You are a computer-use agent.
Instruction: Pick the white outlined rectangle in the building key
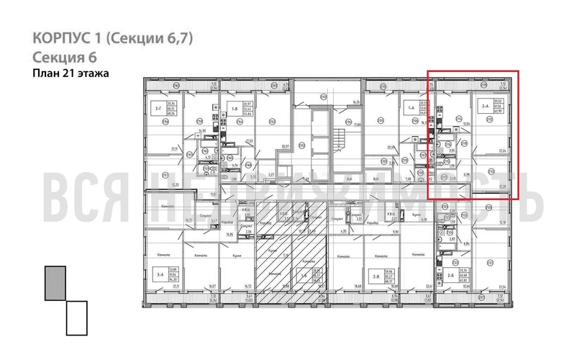76,318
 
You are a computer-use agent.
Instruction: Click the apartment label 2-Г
158,110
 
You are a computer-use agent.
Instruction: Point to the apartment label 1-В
235,109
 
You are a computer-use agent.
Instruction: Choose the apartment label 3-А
158,274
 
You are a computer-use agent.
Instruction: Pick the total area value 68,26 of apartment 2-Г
171,114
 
